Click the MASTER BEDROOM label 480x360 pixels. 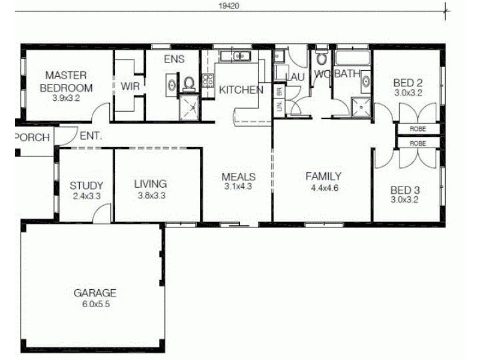[66, 81]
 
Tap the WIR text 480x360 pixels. [130, 86]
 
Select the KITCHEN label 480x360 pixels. [241, 91]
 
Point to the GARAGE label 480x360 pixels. [95, 293]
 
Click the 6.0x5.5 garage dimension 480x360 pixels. [95, 304]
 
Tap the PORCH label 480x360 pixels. [32, 137]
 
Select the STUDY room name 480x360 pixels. [86, 185]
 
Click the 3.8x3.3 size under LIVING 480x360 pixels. [150, 195]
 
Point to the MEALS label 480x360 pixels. [239, 177]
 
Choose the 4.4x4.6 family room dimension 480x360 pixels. [323, 187]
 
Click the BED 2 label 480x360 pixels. [409, 83]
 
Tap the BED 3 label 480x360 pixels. [405, 190]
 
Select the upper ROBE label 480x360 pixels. [418, 129]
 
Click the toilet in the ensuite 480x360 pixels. [190, 84]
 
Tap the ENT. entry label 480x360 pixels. [90, 136]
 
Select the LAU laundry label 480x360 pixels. [295, 77]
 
